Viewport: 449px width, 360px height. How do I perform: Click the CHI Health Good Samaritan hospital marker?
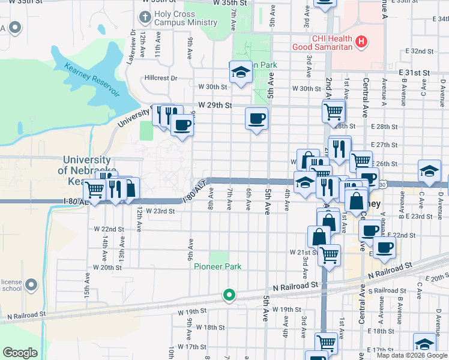(361, 41)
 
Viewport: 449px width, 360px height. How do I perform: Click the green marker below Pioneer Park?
(229, 295)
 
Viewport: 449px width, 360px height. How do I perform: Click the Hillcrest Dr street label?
(161, 78)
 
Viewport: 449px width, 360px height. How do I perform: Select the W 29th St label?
(215, 106)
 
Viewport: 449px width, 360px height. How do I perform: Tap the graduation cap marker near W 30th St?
(241, 73)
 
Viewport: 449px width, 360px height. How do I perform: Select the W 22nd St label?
(109, 229)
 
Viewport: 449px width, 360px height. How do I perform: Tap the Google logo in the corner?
(20, 353)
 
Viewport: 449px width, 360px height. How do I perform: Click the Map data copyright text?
(412, 356)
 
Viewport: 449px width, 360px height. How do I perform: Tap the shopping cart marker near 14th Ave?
(95, 189)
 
